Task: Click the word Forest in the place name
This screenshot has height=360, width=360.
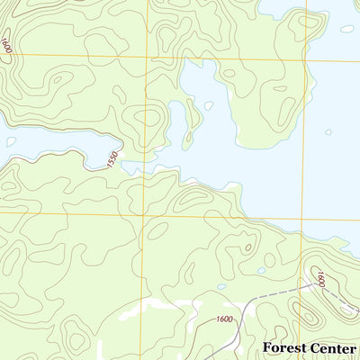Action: click(283, 347)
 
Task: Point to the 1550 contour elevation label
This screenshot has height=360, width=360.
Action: click(112, 159)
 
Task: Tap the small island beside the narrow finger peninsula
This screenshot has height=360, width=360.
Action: click(208, 105)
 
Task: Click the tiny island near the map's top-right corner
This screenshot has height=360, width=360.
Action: click(346, 28)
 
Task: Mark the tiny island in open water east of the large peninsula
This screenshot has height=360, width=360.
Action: click(328, 132)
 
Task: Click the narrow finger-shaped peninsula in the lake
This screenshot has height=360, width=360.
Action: click(192, 126)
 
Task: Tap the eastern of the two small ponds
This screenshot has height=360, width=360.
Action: click(261, 270)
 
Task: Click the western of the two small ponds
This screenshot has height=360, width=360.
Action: click(221, 288)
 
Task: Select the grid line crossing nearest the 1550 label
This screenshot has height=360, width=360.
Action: click(141, 213)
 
